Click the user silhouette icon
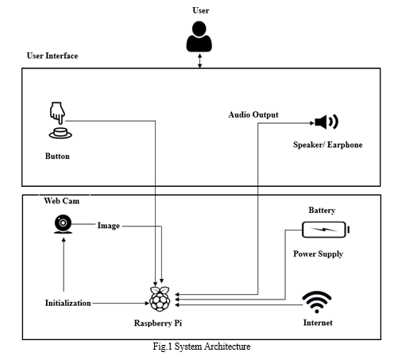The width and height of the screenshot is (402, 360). tap(199, 37)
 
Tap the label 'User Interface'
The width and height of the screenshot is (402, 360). tap(52, 56)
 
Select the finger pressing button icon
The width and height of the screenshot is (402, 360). tap(60, 120)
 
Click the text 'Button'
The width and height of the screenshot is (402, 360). tap(57, 156)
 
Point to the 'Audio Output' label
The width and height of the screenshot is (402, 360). tap(253, 114)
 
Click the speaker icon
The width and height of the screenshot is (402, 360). tap(327, 122)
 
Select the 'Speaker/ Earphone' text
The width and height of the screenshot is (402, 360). tap(327, 145)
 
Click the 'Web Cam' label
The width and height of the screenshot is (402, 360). tap(62, 201)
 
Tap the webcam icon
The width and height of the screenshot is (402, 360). tap(63, 224)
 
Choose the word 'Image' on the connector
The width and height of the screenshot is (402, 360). tap(109, 226)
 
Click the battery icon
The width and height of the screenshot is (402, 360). tap(326, 230)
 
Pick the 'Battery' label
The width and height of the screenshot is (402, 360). tap(322, 211)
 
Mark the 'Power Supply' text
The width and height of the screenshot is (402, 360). tap(318, 254)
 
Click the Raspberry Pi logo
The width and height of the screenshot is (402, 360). tap(160, 299)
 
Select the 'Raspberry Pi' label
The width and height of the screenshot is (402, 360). tap(158, 323)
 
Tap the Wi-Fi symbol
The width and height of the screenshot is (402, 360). tap(317, 302)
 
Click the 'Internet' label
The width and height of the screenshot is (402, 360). tap(318, 323)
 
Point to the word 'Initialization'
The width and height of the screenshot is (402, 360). tap(68, 303)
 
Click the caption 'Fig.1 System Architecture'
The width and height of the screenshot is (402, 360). tap(202, 346)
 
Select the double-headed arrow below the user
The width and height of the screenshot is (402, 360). tap(200, 60)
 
